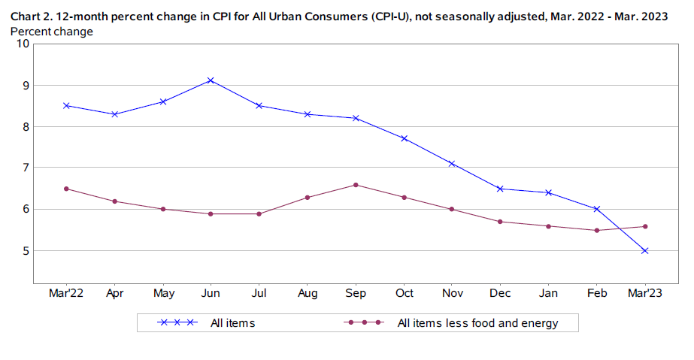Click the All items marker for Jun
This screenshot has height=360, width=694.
point(211,80)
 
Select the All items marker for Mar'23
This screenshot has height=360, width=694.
point(644,250)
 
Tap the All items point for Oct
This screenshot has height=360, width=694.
point(404,138)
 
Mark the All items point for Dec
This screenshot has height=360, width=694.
point(500,189)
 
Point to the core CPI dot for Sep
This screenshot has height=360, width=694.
point(356,184)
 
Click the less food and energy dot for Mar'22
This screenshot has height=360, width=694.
point(66,189)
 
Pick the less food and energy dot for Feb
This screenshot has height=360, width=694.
point(596,230)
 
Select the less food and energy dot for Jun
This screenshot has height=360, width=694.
point(211,213)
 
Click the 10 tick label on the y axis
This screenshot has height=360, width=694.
point(23,44)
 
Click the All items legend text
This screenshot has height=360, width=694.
point(232,323)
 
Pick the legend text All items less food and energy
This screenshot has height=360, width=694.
point(477,323)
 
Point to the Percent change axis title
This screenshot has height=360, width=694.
point(52,32)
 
